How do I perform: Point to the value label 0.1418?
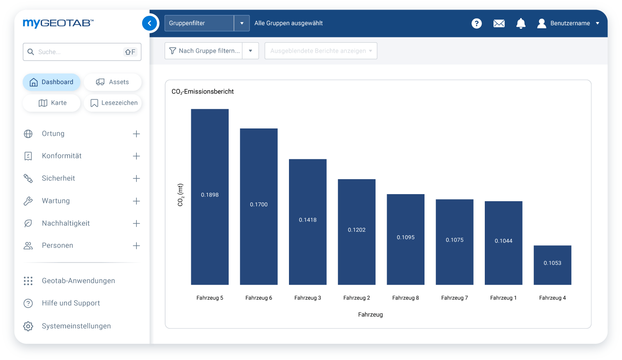pyautogui.click(x=308, y=220)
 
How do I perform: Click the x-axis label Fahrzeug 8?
pyautogui.click(x=405, y=298)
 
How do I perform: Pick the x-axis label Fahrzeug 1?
pyautogui.click(x=503, y=298)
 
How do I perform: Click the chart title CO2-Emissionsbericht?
pyautogui.click(x=202, y=91)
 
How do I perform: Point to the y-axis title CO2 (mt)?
pyautogui.click(x=180, y=195)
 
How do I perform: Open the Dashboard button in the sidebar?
pyautogui.click(x=52, y=82)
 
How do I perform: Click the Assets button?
pyautogui.click(x=113, y=82)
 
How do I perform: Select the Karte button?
pyautogui.click(x=52, y=103)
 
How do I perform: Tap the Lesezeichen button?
pyautogui.click(x=113, y=103)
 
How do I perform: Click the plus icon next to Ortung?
pyautogui.click(x=136, y=134)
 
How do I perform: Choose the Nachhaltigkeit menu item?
pyautogui.click(x=66, y=223)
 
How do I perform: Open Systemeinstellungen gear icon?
pyautogui.click(x=28, y=326)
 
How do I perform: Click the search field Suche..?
pyautogui.click(x=79, y=52)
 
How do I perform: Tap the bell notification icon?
pyautogui.click(x=521, y=23)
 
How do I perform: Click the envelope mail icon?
pyautogui.click(x=499, y=23)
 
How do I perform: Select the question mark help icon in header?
pyautogui.click(x=476, y=23)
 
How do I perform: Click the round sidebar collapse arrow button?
pyautogui.click(x=150, y=23)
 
